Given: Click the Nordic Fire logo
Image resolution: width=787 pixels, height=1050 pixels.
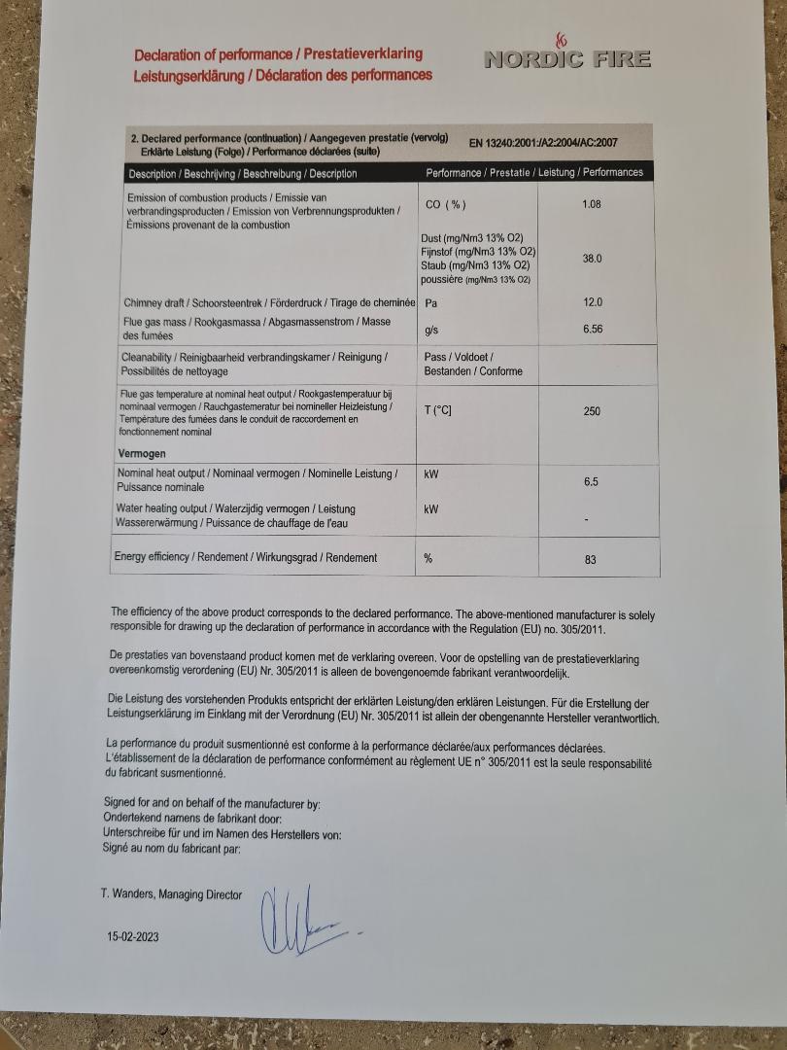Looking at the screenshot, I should [x=566, y=54].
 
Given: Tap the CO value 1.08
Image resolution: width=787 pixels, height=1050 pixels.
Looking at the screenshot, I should [x=591, y=204].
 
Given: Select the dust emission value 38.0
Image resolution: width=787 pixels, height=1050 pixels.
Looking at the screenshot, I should [x=592, y=259].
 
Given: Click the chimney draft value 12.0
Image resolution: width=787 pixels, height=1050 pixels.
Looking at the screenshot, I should [x=593, y=302].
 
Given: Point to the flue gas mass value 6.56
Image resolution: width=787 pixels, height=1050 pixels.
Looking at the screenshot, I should [x=593, y=329].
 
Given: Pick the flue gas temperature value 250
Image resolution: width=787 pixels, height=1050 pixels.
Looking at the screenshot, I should [x=592, y=411].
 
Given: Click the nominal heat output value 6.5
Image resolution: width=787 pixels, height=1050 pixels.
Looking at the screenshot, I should [x=591, y=482].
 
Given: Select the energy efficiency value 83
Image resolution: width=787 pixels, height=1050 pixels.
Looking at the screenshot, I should [x=591, y=560].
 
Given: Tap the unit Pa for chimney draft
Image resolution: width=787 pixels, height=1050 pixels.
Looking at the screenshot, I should [x=432, y=303].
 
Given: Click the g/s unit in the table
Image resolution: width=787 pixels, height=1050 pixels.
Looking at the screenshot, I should [x=432, y=331].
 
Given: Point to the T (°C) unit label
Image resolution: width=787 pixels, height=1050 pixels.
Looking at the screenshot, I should [x=437, y=410].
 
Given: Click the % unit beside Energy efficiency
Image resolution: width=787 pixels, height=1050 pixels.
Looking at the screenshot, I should [x=427, y=558].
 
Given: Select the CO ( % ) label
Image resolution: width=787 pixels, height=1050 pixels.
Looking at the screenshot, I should [x=446, y=204].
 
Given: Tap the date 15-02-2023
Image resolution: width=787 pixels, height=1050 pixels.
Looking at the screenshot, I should [x=133, y=937].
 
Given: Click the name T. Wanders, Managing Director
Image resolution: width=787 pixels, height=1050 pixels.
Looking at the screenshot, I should [x=171, y=894].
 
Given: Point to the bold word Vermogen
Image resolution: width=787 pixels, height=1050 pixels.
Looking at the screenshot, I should [x=142, y=454].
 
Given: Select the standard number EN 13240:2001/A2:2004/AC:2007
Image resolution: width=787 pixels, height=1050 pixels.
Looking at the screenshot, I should [x=542, y=143].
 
